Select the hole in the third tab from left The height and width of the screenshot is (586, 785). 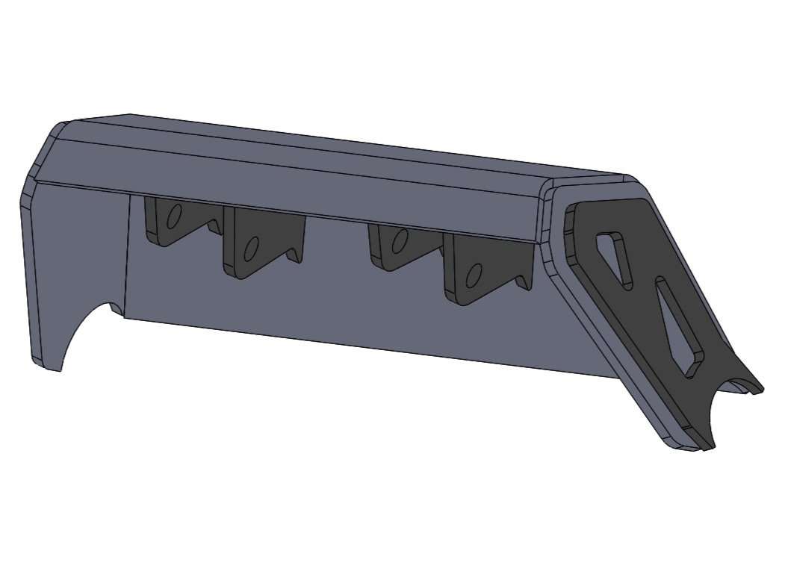[x=400, y=240]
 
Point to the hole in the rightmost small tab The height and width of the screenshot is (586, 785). [x=473, y=275]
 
